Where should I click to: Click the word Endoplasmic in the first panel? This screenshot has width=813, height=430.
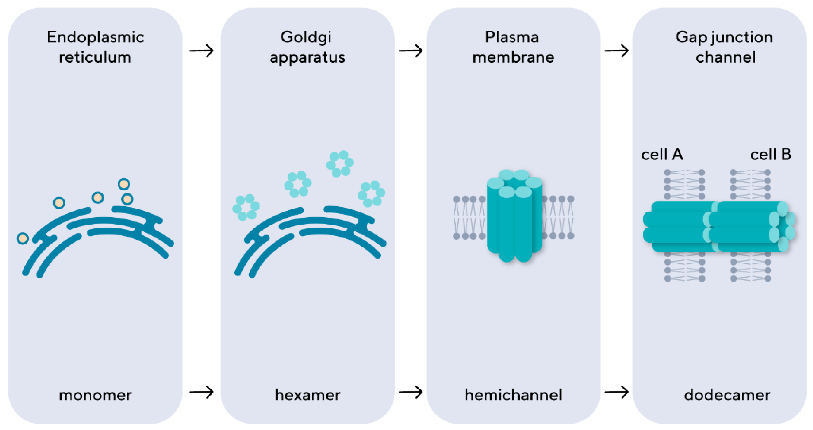pyautogui.click(x=95, y=37)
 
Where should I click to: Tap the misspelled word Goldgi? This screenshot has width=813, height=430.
pyautogui.click(x=306, y=37)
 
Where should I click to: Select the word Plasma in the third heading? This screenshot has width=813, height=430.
pyautogui.click(x=512, y=37)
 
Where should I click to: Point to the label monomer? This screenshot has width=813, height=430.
pyautogui.click(x=95, y=395)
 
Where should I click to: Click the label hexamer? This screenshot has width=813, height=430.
pyautogui.click(x=308, y=395)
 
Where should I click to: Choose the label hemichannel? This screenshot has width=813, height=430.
pyautogui.click(x=513, y=395)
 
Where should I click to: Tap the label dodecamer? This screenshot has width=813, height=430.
pyautogui.click(x=727, y=395)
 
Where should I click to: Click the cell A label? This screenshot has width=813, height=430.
pyautogui.click(x=662, y=155)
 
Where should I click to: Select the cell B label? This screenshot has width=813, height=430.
pyautogui.click(x=770, y=155)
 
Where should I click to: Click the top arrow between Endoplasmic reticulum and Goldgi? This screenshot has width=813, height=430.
pyautogui.click(x=201, y=51)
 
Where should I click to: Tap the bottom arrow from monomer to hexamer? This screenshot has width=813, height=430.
pyautogui.click(x=201, y=392)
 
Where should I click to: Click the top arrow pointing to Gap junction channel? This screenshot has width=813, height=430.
pyautogui.click(x=616, y=51)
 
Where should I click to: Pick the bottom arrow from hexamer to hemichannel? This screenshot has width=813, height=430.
pyautogui.click(x=410, y=392)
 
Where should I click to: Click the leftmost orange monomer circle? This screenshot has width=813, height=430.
pyautogui.click(x=23, y=238)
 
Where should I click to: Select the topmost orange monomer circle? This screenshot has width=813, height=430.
pyautogui.click(x=124, y=184)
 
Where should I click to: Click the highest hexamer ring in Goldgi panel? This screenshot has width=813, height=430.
pyautogui.click(x=340, y=164)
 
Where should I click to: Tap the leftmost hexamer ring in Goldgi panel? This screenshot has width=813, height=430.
pyautogui.click(x=246, y=207)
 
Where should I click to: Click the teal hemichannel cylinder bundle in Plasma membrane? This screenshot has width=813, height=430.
pyautogui.click(x=514, y=218)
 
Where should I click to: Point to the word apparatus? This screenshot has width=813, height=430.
pyautogui.click(x=307, y=57)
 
